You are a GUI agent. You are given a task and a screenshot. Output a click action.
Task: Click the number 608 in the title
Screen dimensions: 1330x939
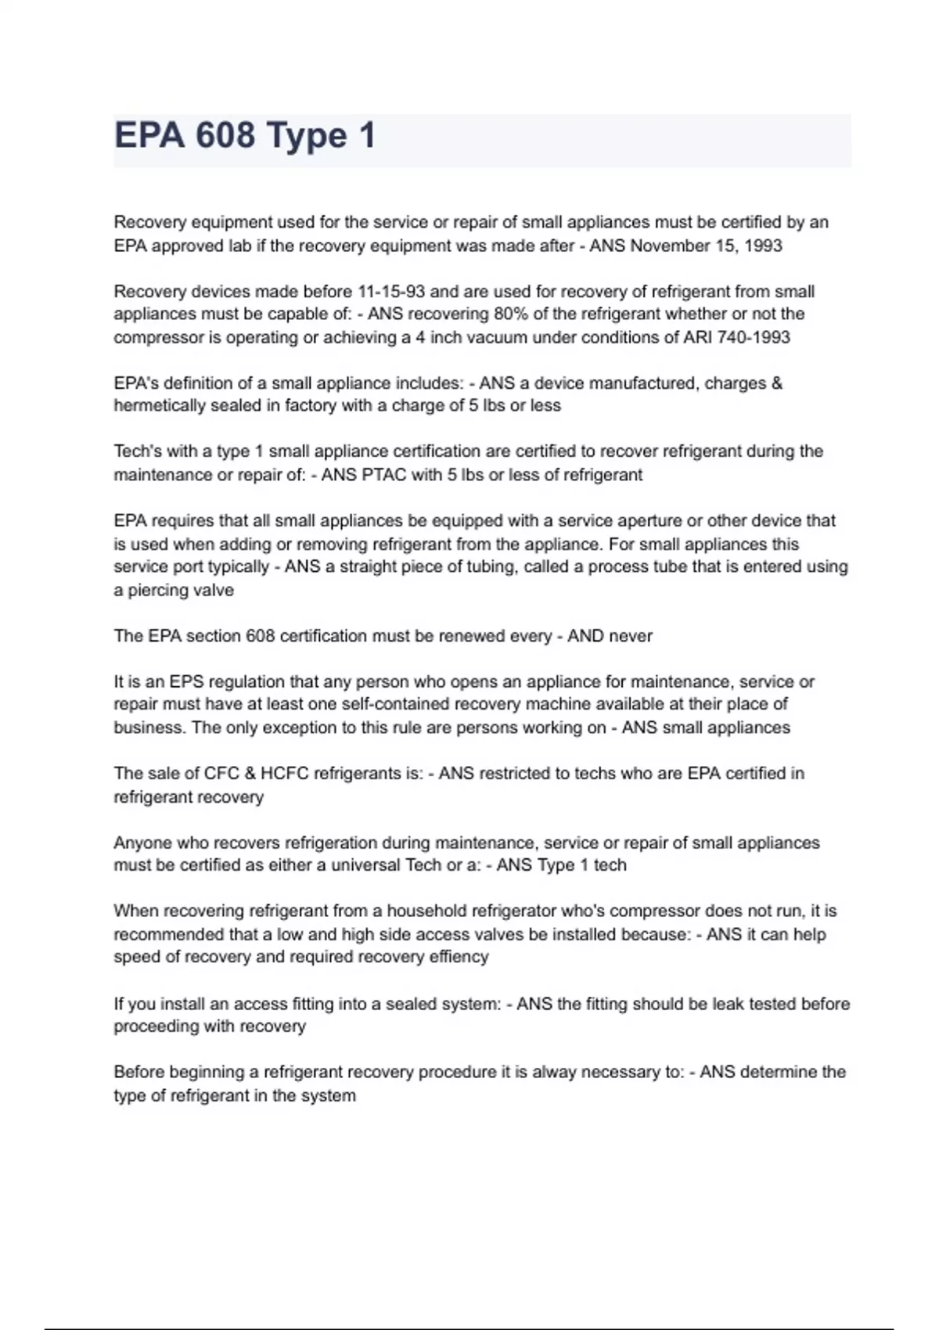point(225,135)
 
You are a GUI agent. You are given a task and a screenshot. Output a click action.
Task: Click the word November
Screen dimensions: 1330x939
point(670,246)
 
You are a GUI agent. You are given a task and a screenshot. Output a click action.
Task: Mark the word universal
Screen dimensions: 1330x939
point(365,865)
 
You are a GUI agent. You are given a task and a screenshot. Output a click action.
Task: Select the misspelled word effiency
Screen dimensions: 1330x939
point(459,957)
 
